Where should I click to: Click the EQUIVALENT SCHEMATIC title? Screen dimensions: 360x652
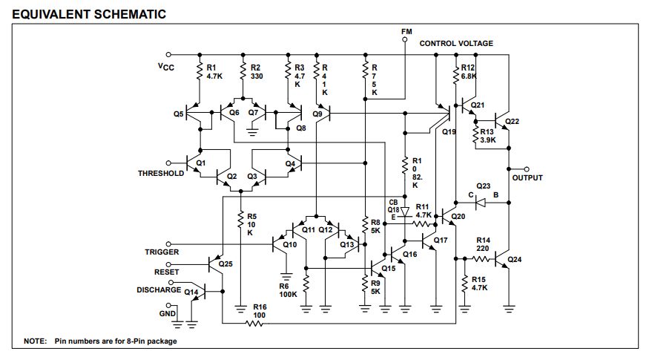(x=83, y=14)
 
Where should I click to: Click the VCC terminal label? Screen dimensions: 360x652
(x=166, y=67)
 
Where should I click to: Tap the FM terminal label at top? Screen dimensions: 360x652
(x=406, y=32)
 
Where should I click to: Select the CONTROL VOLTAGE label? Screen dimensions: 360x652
(x=456, y=44)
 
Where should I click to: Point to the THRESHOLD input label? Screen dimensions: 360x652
(x=161, y=174)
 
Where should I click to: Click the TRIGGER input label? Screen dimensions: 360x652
(x=162, y=252)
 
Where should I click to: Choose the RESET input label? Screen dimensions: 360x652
(x=167, y=272)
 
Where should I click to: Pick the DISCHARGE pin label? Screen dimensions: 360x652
(x=159, y=290)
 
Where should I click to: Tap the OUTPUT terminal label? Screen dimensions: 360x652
(x=527, y=178)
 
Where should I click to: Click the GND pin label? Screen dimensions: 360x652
(x=170, y=314)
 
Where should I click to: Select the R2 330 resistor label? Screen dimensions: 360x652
(x=257, y=71)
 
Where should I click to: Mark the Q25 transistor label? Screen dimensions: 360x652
(x=225, y=264)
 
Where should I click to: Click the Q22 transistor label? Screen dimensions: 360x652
(x=513, y=120)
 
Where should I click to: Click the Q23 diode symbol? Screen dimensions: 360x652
(x=481, y=203)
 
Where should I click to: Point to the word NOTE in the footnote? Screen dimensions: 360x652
(x=35, y=341)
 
